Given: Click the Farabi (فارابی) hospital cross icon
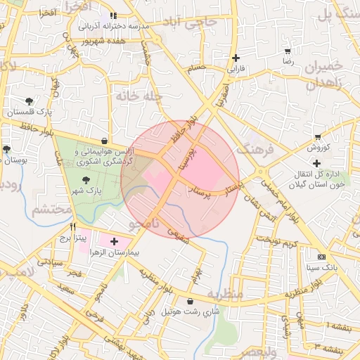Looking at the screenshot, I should pyautogui.click(x=236, y=58).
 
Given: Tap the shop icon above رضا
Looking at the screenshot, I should pyautogui.click(x=288, y=51).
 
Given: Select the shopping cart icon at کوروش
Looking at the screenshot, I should pyautogui.click(x=318, y=137).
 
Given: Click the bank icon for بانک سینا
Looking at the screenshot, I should pyautogui.click(x=322, y=257).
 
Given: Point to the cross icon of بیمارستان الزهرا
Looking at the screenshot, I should pyautogui.click(x=115, y=241).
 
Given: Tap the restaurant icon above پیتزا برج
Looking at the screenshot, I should pyautogui.click(x=73, y=227).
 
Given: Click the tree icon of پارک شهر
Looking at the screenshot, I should pyautogui.click(x=86, y=181).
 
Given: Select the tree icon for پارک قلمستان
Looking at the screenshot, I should pyautogui.click(x=29, y=102).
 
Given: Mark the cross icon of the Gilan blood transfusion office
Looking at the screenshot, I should pyautogui.click(x=318, y=163).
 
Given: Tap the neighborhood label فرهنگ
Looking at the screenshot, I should pyautogui.click(x=252, y=148).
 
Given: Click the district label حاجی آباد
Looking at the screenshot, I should pyautogui.click(x=200, y=23).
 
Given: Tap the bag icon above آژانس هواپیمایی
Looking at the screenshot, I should pyautogui.click(x=105, y=140).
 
